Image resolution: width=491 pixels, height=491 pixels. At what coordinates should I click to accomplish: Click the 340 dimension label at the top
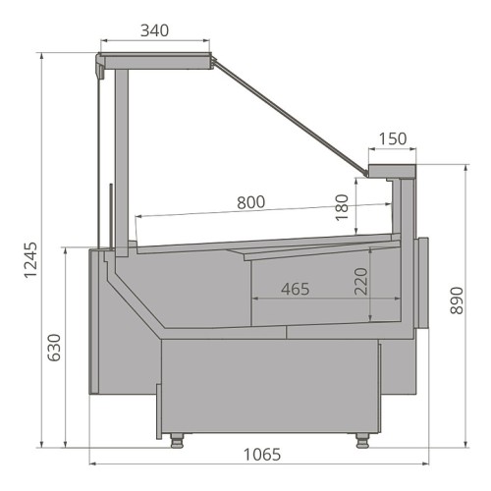155,30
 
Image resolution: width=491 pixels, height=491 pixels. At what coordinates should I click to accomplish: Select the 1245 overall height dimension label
31,260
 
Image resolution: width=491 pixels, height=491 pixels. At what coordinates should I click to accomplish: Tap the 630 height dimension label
54,348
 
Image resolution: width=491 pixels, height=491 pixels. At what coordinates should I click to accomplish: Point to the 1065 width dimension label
262,455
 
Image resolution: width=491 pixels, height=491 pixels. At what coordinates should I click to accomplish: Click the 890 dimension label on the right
457,300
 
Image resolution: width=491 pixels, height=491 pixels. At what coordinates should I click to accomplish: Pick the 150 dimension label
393,138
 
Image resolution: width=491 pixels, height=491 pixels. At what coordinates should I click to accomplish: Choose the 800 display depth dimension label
251,202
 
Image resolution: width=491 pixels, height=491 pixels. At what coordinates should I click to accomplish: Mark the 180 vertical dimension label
342,207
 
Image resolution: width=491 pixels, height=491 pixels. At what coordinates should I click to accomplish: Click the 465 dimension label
296,289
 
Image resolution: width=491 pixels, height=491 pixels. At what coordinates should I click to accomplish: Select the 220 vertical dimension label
361,282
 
